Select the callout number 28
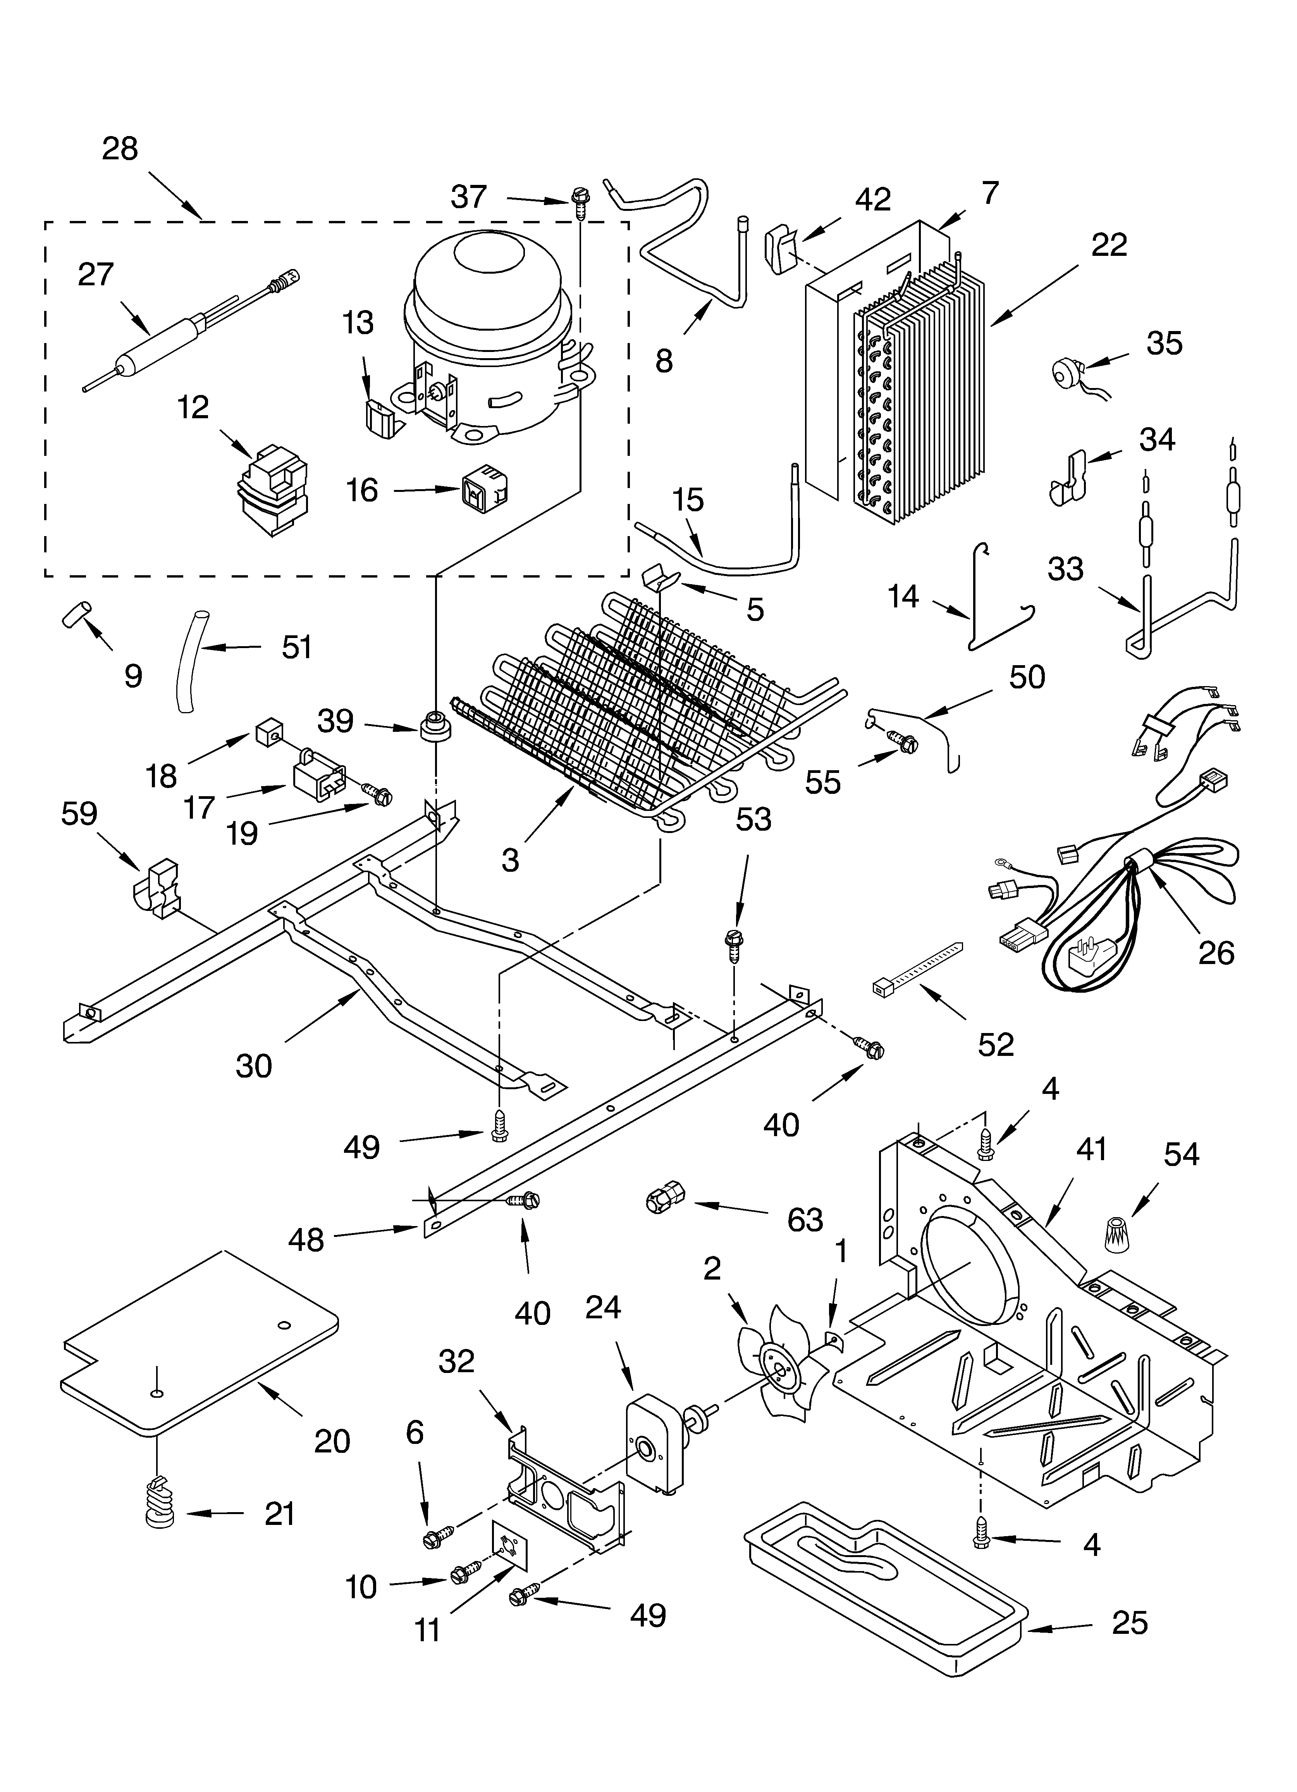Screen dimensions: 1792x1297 (120, 148)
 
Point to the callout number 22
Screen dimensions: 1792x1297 (1108, 246)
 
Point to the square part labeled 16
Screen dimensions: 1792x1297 (483, 490)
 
